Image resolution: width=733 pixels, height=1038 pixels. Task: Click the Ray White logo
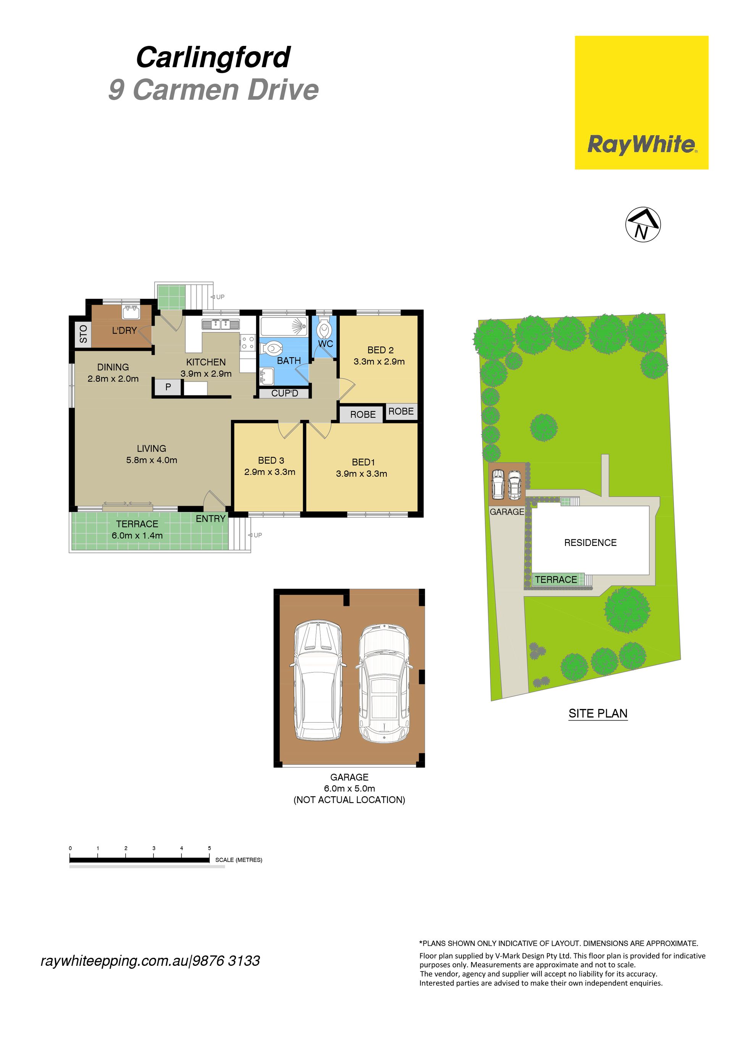[641, 103]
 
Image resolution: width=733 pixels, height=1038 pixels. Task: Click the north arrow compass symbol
[643, 225]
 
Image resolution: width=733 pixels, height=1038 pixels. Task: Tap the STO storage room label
[83, 334]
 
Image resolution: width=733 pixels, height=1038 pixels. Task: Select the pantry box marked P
[168, 387]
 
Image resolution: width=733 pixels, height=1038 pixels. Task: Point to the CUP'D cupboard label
[285, 394]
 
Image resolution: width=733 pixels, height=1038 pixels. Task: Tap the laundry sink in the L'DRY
[131, 312]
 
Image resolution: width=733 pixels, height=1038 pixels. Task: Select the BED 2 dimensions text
[379, 362]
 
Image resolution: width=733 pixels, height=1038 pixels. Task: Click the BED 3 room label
[271, 460]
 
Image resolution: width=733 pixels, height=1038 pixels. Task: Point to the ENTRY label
[211, 518]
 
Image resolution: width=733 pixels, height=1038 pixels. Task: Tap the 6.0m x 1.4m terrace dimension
[137, 536]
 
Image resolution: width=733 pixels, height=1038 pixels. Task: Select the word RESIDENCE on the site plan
[590, 542]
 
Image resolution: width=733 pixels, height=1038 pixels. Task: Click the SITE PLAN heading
[598, 713]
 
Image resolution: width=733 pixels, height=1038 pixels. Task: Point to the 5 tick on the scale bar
[209, 848]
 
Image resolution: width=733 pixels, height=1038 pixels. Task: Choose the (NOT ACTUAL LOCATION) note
[349, 800]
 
